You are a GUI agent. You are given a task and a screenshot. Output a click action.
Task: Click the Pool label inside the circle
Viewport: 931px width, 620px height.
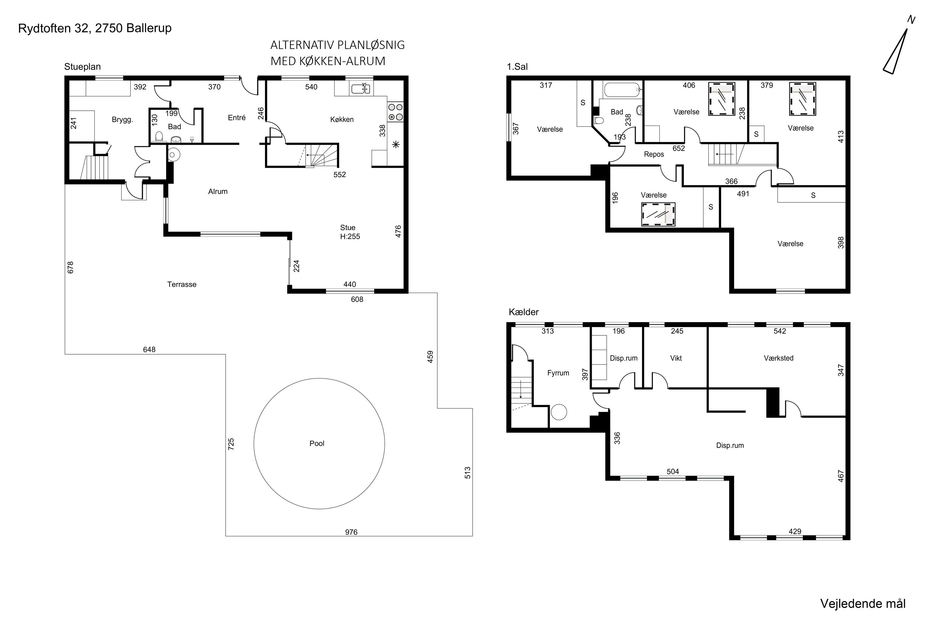coord(317,443)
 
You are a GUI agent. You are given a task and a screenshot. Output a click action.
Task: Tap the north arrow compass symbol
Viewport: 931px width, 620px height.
coord(896,51)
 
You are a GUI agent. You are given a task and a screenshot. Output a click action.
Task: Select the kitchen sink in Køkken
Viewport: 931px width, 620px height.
coord(360,89)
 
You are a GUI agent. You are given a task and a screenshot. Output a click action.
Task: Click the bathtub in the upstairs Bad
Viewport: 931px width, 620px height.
coord(622,90)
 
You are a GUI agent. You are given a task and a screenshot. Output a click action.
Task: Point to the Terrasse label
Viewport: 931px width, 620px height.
coord(182,284)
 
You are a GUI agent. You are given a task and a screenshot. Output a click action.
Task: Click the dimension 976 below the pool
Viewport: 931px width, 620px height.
coord(351,532)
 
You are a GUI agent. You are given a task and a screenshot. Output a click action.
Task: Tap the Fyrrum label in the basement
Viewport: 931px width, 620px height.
coord(558,373)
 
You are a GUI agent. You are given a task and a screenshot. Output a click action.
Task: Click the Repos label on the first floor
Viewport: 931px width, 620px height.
coord(654,154)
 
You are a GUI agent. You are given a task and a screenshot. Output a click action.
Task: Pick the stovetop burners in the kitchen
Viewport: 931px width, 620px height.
coord(395,112)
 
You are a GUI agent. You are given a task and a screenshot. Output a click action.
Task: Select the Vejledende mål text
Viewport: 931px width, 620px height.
coord(863,604)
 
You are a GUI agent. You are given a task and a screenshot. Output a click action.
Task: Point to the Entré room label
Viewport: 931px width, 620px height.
coord(237,117)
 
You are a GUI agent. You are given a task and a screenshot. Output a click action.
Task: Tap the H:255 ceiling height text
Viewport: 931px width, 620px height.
coord(350,237)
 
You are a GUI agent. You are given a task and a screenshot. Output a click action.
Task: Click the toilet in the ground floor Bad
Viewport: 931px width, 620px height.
coord(159,137)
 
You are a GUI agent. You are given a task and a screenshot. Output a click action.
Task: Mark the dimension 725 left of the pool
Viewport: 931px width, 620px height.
coord(231,444)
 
